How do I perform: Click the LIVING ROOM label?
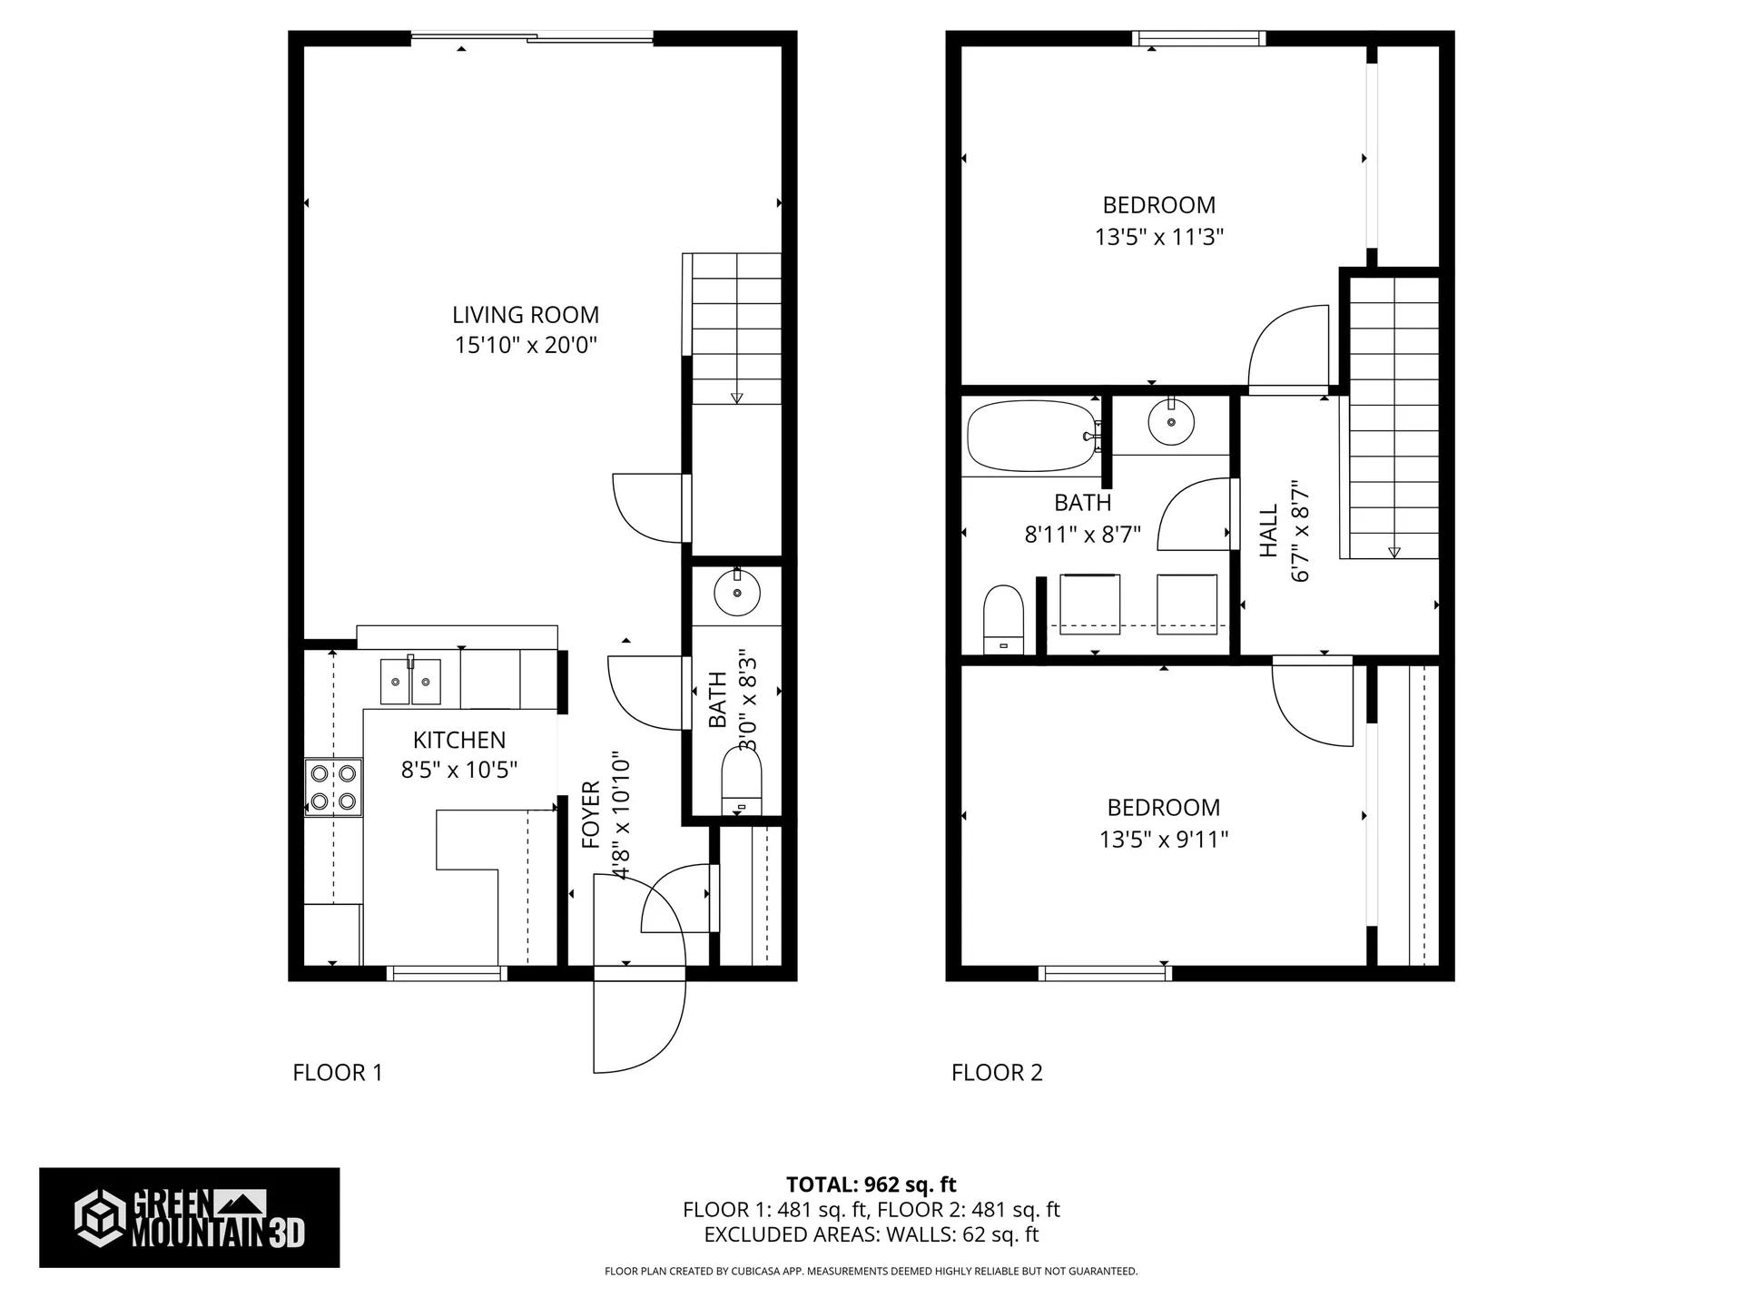click(526, 315)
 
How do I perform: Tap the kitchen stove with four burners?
click(333, 787)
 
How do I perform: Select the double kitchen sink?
click(410, 682)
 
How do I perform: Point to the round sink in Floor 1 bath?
click(736, 595)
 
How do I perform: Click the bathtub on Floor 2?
click(1031, 437)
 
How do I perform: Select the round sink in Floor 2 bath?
click(1170, 422)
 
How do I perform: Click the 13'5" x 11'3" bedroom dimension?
click(1158, 237)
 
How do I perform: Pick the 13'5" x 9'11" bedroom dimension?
click(1163, 840)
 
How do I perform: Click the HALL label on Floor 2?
click(1268, 531)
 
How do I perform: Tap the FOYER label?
click(591, 814)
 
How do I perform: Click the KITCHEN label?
click(459, 740)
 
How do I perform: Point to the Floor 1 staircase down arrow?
click(736, 397)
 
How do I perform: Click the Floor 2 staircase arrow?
click(1394, 552)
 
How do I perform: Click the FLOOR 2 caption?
click(997, 1073)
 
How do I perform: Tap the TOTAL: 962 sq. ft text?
click(871, 1184)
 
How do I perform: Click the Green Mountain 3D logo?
click(189, 1217)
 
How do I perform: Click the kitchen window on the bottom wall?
click(447, 974)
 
